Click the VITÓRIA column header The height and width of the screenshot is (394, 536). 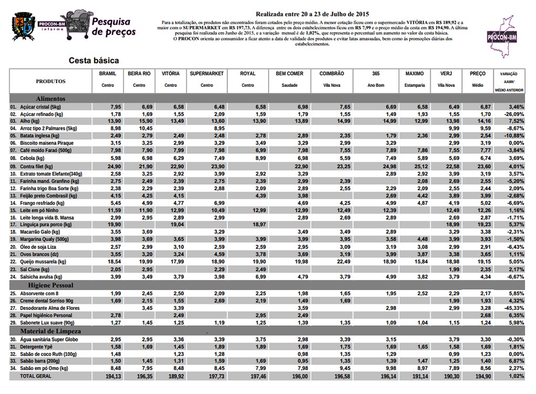171,74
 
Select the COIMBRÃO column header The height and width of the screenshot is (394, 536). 332,74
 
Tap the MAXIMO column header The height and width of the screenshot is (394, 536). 415,74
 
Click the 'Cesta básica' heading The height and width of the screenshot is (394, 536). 94,60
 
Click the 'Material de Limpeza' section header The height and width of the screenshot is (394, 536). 50,331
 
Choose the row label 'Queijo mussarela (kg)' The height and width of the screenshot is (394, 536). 43,261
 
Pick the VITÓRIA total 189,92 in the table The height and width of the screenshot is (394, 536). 171,377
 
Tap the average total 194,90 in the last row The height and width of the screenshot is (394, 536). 477,377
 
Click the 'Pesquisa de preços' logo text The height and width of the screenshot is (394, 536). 114,27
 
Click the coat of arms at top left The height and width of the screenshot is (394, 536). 21,26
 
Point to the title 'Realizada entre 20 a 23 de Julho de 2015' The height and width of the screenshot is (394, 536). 312,13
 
